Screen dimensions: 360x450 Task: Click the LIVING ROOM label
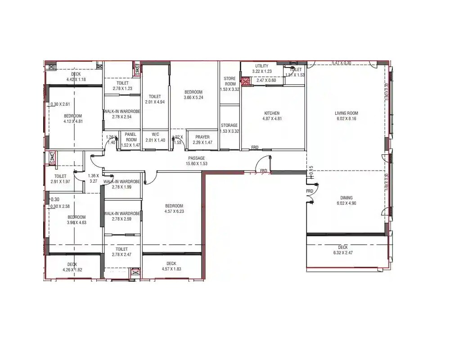coord(346,113)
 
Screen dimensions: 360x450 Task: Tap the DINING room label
coord(346,198)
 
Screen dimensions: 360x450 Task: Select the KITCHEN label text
coord(271,113)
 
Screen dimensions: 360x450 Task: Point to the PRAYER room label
coord(202,137)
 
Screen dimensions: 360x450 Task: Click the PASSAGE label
coord(197,158)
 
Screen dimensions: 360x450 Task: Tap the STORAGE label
coord(229,126)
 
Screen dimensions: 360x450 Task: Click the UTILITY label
coord(262,66)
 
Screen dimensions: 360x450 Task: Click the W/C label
coord(156,134)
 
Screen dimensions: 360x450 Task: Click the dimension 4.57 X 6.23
coord(174,211)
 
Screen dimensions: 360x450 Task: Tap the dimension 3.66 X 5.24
coord(193,98)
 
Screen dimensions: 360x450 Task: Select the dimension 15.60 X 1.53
coord(197,164)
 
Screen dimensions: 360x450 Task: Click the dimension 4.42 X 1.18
coord(76,80)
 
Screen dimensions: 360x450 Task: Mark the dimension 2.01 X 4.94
coord(155,102)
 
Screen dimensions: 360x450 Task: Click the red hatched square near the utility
coord(245,81)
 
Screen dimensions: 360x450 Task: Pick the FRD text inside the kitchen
coord(255,147)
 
